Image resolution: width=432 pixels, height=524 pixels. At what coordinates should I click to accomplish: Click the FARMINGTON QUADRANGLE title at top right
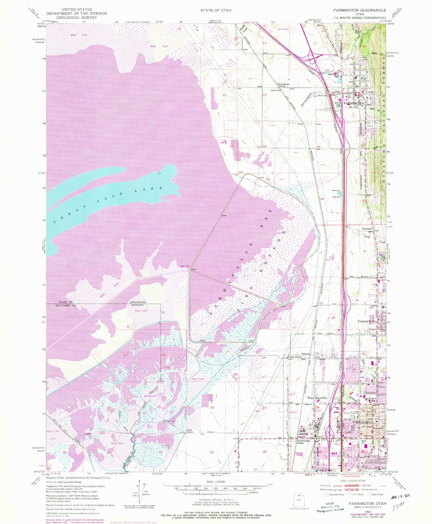360,10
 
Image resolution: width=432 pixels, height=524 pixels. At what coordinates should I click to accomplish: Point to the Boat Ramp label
185,266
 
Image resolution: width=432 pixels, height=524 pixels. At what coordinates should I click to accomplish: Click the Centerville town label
367,321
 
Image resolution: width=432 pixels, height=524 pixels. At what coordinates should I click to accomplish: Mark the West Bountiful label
317,398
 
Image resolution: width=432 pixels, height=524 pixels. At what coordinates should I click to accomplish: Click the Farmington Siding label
283,85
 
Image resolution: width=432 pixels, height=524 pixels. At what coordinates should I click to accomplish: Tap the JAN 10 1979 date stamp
399,496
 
